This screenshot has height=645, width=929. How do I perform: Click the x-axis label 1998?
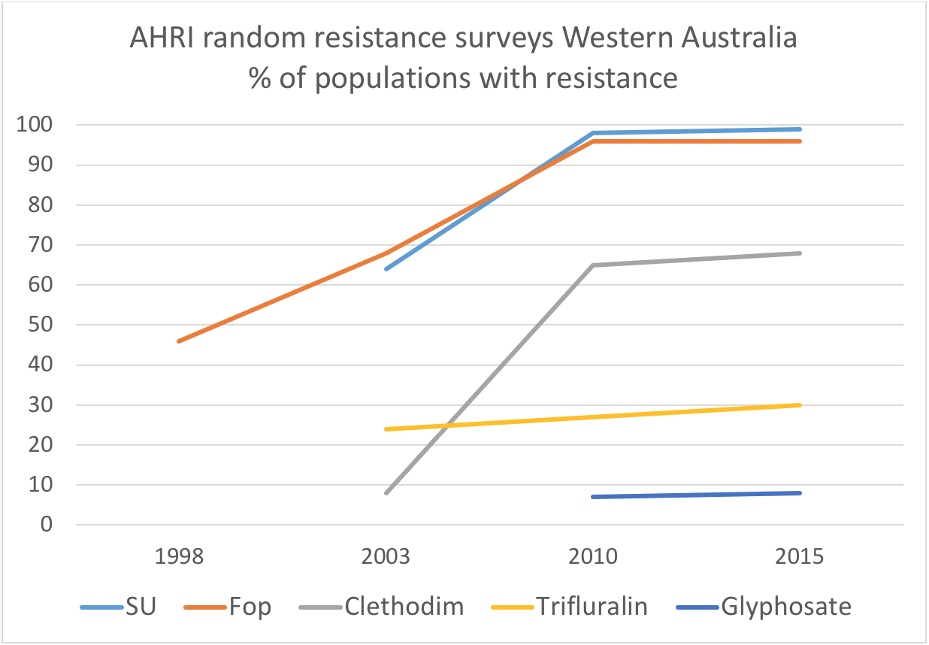tap(180, 558)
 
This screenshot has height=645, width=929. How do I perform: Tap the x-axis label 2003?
tap(386, 558)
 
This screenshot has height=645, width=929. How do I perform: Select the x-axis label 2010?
tap(593, 558)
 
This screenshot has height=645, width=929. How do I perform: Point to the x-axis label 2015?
tap(800, 558)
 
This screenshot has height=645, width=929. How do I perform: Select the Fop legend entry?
tap(249, 607)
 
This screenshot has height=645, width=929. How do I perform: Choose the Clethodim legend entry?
tap(401, 607)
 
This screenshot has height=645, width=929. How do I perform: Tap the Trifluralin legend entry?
tap(591, 607)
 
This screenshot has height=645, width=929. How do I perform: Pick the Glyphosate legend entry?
tap(786, 607)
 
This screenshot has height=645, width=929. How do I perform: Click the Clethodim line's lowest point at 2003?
tap(386, 493)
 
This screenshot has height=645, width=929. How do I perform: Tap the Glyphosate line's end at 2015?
tap(800, 493)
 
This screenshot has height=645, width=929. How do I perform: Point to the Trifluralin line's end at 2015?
tap(800, 405)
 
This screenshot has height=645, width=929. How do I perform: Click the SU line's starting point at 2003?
tap(386, 269)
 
